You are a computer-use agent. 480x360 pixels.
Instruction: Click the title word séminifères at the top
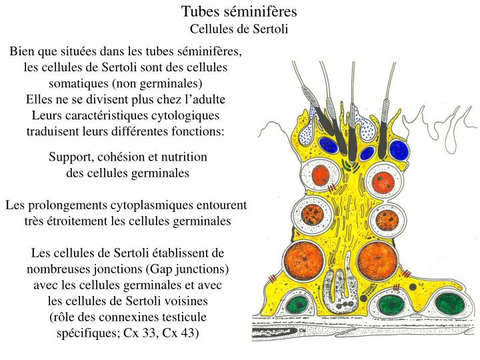pyautogui.click(x=261, y=11)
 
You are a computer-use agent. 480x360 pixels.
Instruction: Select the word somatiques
pyautogui.click(x=78, y=83)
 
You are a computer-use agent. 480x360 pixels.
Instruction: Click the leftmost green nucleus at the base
pyautogui.click(x=296, y=305)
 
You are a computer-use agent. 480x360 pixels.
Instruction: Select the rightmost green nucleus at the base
pyautogui.click(x=450, y=304)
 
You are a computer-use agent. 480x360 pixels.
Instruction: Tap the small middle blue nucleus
pyautogui.click(x=367, y=153)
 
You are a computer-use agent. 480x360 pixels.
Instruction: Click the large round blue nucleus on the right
pyautogui.click(x=399, y=150)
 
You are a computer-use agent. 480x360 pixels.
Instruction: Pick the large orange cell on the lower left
pyautogui.click(x=304, y=261)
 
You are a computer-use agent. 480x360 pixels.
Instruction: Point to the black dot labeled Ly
pyautogui.click(x=413, y=287)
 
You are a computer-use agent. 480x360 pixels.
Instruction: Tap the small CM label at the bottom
pyautogui.click(x=302, y=331)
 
